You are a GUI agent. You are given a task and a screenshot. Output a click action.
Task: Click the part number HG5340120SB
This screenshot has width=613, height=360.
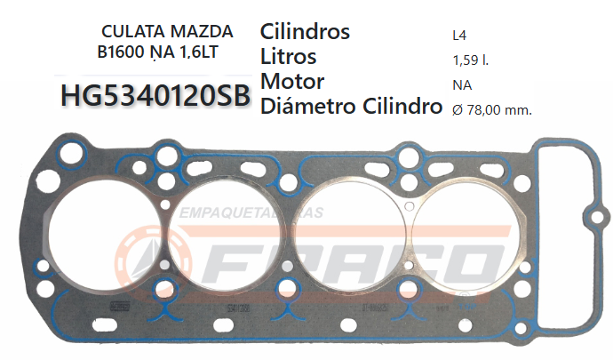pyautogui.click(x=156, y=96)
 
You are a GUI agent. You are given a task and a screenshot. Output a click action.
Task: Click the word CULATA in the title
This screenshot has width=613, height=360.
pyautogui.click(x=131, y=32)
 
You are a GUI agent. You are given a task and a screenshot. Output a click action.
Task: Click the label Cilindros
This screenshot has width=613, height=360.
pyautogui.click(x=305, y=32)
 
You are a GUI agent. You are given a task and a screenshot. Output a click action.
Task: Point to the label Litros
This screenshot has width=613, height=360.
pyautogui.click(x=289, y=57)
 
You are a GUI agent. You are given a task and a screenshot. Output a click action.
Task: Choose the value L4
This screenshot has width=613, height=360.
pyautogui.click(x=459, y=37)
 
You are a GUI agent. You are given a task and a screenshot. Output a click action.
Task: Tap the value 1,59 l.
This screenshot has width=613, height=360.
pyautogui.click(x=471, y=61)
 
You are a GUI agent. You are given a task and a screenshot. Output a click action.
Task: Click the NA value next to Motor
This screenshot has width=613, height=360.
pyautogui.click(x=461, y=85)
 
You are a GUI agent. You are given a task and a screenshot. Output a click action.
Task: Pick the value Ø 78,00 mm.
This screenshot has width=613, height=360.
pyautogui.click(x=488, y=110)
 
